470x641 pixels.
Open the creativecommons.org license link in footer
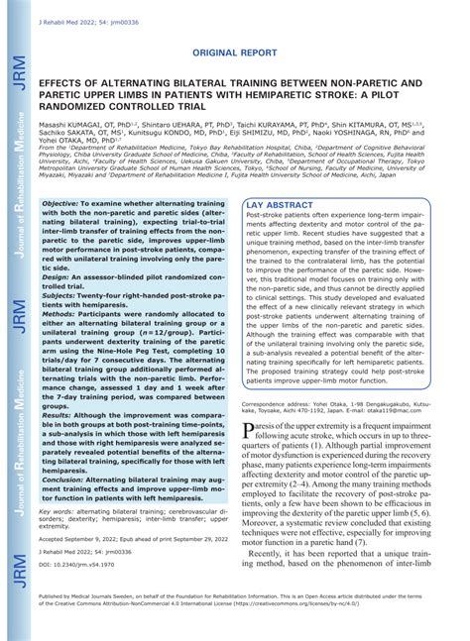click(x=378, y=629)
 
